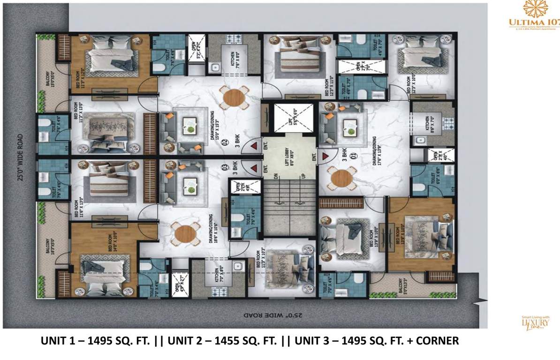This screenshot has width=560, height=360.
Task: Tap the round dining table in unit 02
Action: point(233,97)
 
